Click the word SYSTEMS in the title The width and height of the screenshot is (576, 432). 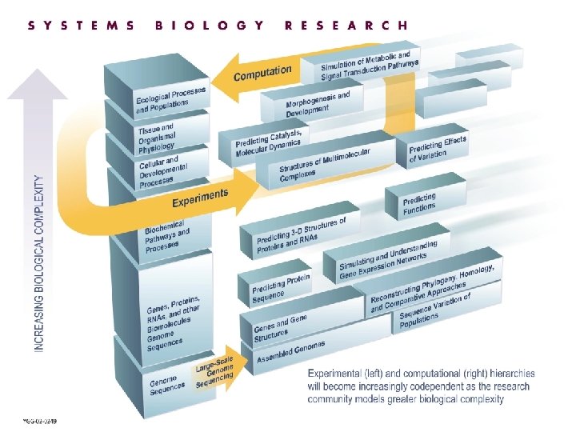click(82, 25)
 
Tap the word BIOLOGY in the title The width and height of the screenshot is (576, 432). click(210, 25)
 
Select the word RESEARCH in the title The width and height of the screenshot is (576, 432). click(346, 25)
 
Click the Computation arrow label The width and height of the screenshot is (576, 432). click(262, 73)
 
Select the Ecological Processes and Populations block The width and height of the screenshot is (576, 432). click(170, 100)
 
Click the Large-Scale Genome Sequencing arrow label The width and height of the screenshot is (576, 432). click(214, 374)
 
